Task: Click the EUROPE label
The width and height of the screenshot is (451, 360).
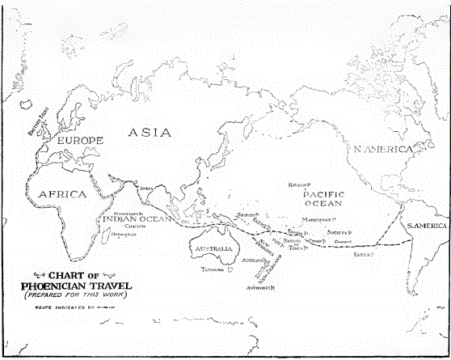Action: coord(78,142)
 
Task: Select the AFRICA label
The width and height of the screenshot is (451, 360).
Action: coord(61,194)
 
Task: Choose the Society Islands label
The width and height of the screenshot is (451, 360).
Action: coord(330,232)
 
